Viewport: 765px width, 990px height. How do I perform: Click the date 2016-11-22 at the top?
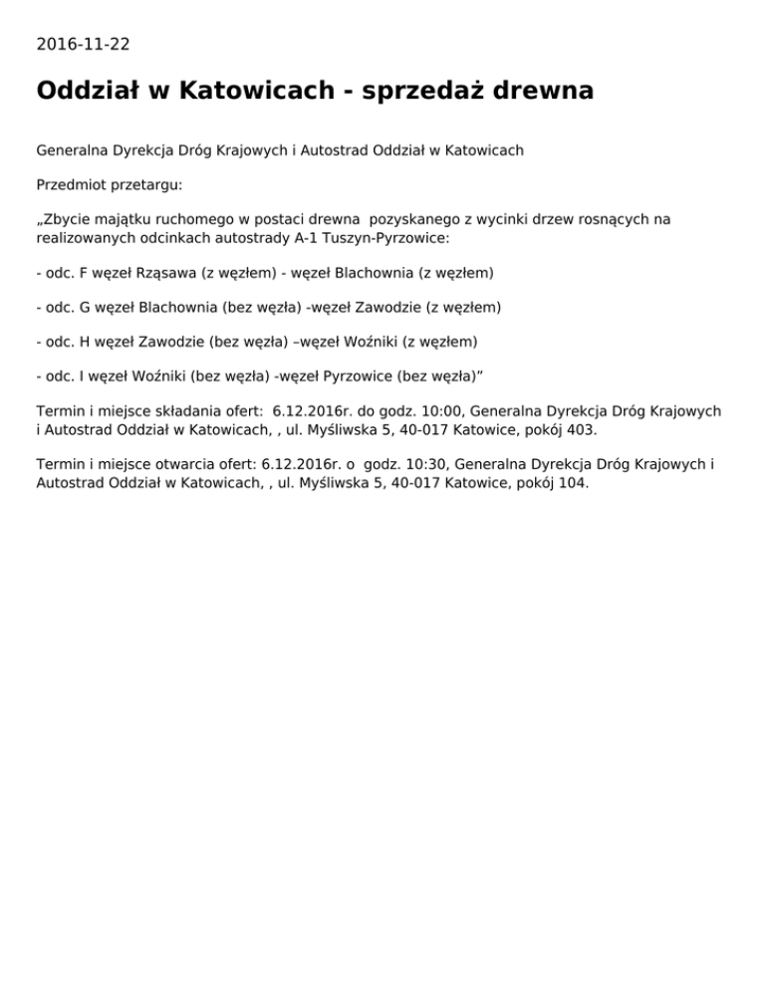83,44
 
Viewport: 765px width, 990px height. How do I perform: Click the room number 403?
584,430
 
